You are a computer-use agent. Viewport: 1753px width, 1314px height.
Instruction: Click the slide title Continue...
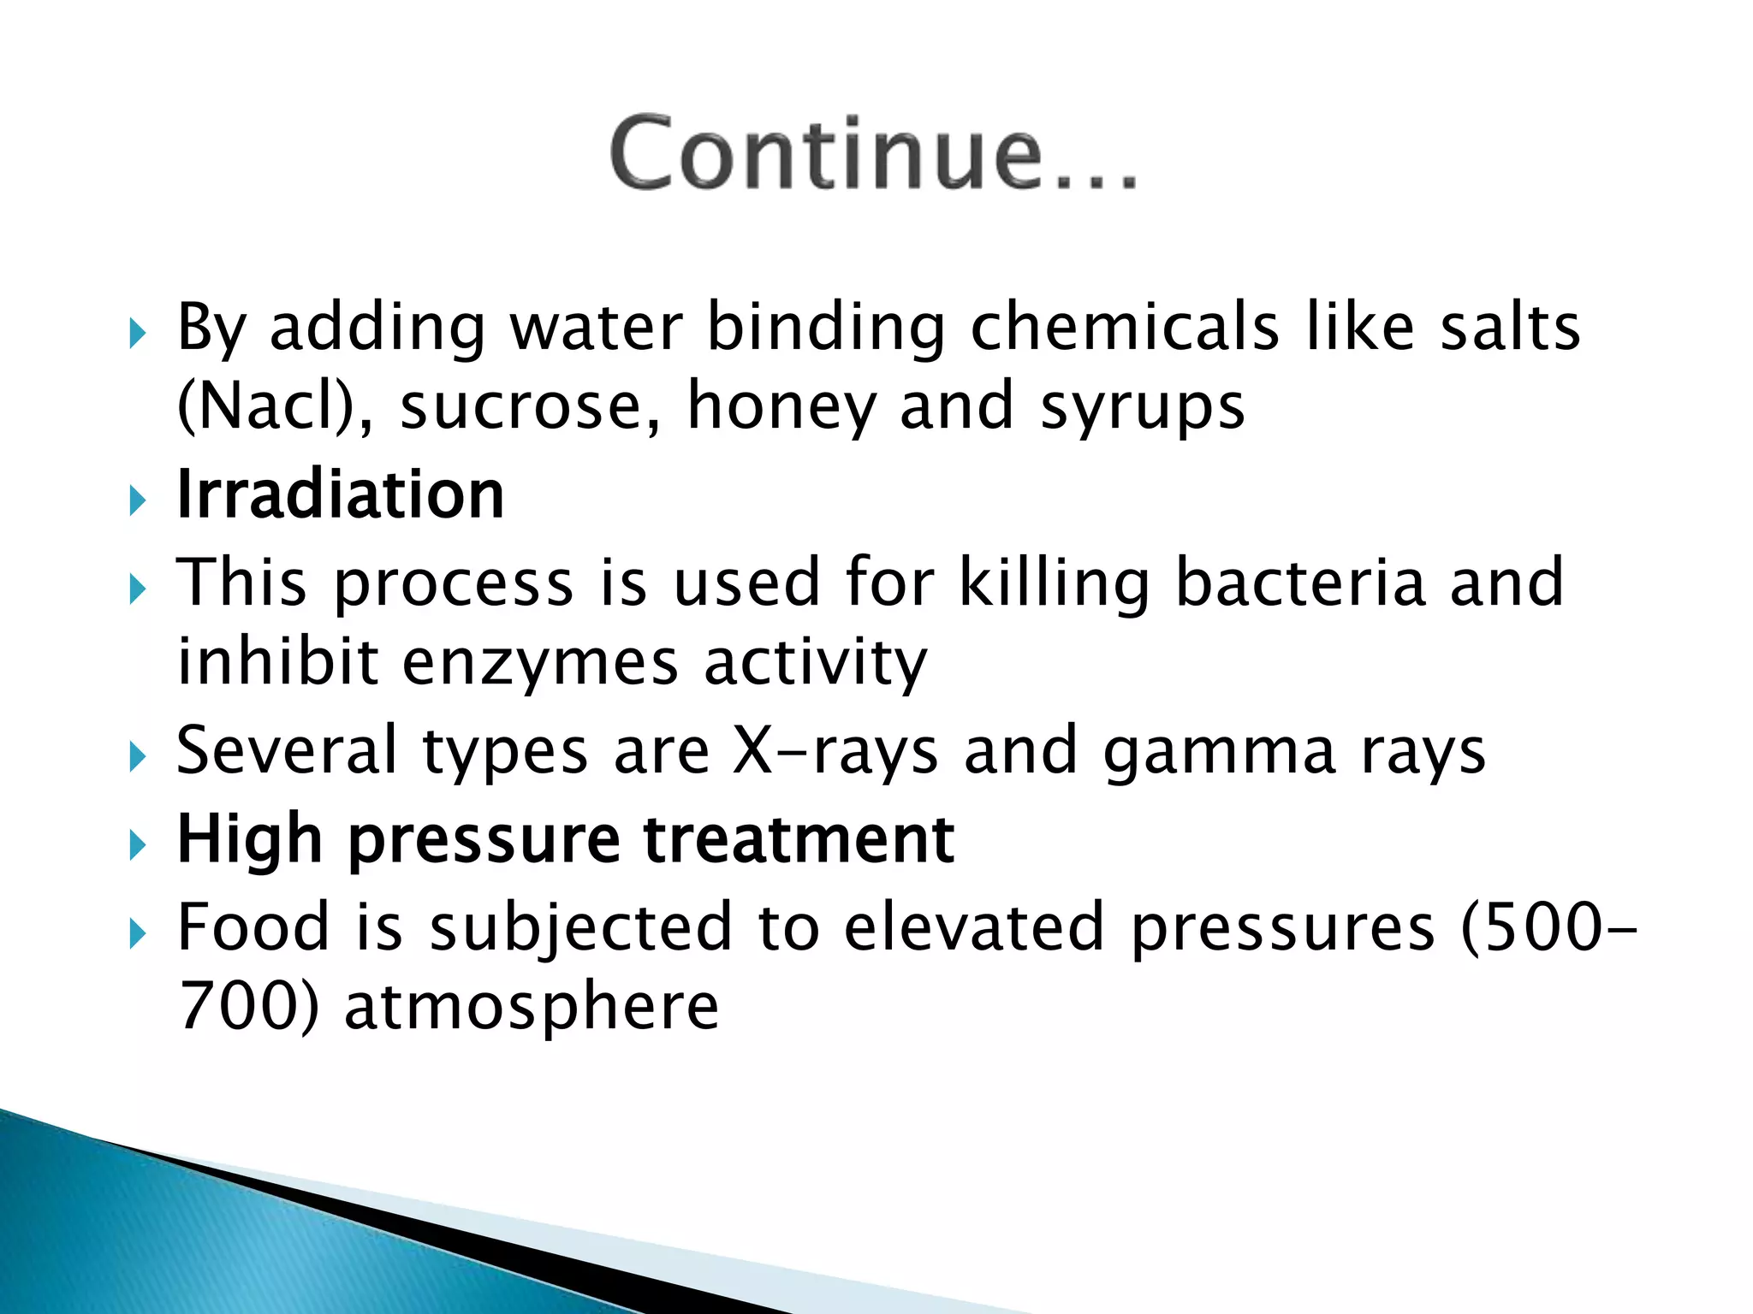pos(873,154)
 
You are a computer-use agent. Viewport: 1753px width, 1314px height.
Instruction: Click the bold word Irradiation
pos(341,495)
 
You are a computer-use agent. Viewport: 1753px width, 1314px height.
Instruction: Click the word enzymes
pos(540,663)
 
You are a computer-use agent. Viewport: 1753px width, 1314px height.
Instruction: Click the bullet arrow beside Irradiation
pos(138,500)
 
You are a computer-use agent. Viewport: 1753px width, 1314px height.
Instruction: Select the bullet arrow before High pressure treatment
pos(138,846)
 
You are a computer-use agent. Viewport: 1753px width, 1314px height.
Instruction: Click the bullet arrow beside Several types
pos(138,757)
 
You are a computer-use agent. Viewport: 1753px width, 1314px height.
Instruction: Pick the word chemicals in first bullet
pos(1125,327)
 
